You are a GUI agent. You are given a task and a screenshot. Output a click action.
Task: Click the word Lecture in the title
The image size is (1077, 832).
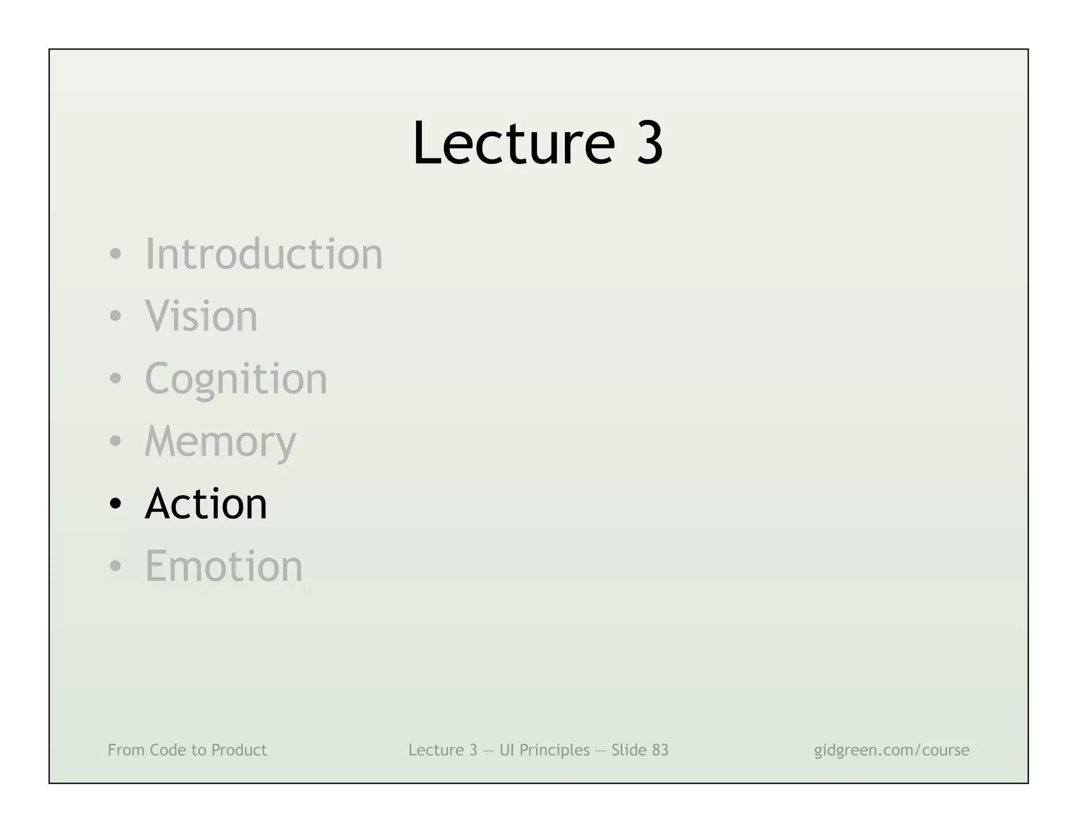(x=513, y=143)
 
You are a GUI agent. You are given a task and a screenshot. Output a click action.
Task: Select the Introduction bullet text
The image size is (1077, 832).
(x=263, y=254)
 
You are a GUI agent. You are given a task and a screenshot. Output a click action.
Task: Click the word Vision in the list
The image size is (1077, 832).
(x=201, y=316)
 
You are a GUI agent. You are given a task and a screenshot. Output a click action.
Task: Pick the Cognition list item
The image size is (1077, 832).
(x=236, y=379)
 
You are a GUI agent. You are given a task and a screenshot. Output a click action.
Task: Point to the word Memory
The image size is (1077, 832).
(x=220, y=442)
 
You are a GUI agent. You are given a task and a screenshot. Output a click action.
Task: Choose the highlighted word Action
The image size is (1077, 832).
(x=206, y=504)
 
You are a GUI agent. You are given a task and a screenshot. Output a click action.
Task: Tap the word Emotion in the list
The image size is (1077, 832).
(x=223, y=566)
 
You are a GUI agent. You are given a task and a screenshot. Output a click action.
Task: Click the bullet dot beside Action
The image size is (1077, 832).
(x=115, y=504)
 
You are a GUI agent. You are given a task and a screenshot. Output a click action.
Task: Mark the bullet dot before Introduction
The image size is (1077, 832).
(x=115, y=255)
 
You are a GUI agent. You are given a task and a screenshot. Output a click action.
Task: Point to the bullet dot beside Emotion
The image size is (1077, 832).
(x=115, y=566)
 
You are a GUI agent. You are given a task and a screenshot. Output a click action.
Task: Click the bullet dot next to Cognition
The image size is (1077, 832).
(x=115, y=379)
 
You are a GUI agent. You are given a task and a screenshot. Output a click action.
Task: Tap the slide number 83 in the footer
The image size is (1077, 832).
(x=660, y=750)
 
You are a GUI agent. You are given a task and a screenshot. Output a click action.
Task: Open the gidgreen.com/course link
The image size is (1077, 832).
(x=891, y=750)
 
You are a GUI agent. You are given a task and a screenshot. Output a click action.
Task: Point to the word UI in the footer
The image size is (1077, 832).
(x=506, y=750)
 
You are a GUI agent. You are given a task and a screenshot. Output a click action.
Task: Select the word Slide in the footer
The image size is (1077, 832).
(x=628, y=750)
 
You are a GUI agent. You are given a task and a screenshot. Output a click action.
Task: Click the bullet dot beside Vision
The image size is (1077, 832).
(x=115, y=317)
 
